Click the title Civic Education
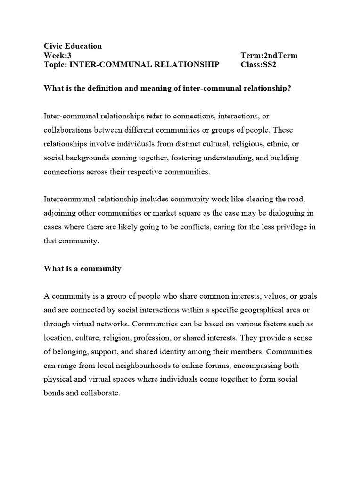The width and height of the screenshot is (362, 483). click(x=73, y=46)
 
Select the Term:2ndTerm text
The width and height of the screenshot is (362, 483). click(x=269, y=55)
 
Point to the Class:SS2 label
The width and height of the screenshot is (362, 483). click(x=258, y=65)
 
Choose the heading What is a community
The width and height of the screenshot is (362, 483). click(x=82, y=268)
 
